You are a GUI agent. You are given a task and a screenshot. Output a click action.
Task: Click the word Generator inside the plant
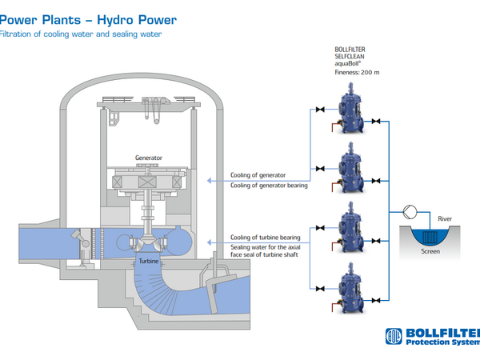tap(149, 158)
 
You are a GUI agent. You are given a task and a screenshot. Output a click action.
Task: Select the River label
tap(445, 218)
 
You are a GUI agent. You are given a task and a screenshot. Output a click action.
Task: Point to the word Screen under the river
tap(430, 251)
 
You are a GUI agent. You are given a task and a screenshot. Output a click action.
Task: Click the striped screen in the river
tap(430, 236)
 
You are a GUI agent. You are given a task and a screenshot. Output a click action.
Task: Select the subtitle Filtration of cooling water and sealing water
tap(79, 34)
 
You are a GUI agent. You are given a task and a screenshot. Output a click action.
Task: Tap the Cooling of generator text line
tap(256, 174)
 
